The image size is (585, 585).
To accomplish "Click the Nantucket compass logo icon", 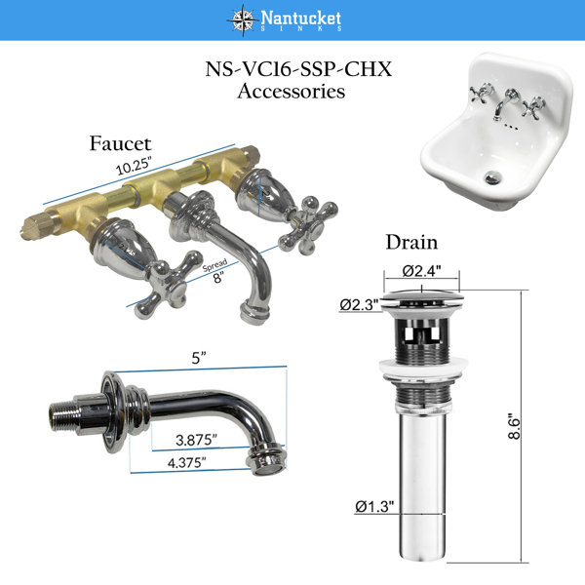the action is click(x=243, y=19).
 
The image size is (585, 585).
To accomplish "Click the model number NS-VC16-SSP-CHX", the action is click(x=298, y=69).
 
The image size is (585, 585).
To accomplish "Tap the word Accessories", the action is click(x=291, y=91).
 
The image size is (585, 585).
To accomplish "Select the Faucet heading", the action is click(x=120, y=143).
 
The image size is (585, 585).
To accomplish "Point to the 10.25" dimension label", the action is click(x=135, y=166).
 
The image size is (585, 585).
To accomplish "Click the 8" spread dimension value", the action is click(x=217, y=277).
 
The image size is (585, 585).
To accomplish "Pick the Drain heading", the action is click(x=411, y=242).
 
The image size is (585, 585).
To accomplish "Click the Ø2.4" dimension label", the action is click(x=421, y=270).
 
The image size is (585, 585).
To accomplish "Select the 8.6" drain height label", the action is click(x=514, y=426).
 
